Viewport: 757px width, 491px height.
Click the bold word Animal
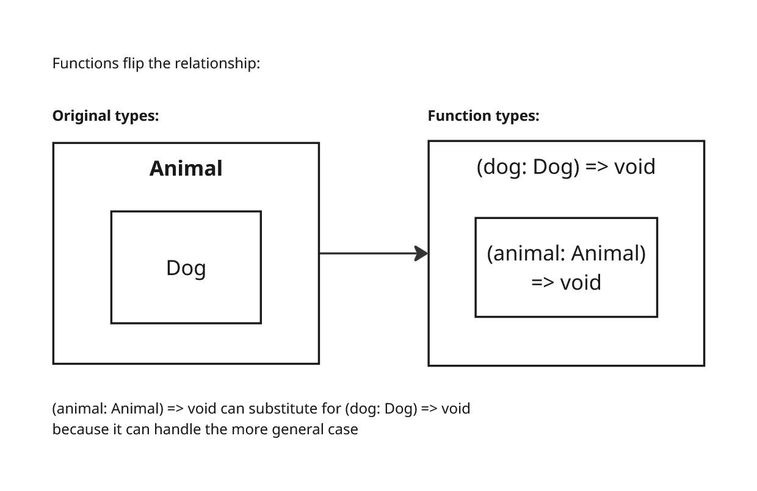[186, 168]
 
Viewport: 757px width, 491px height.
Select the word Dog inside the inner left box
[186, 268]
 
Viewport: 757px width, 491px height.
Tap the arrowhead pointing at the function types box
[421, 253]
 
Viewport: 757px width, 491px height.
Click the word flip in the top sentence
[133, 63]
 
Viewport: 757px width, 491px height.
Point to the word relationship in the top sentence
[217, 63]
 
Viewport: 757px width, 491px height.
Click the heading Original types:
[105, 116]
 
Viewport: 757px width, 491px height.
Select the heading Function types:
[483, 116]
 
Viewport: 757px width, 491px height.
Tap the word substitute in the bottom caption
[293, 408]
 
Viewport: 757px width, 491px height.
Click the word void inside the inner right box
[581, 282]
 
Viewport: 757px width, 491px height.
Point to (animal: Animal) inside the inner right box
[566, 253]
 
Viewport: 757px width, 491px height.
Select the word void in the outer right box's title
[634, 167]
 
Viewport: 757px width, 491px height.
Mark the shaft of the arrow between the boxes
[366, 253]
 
